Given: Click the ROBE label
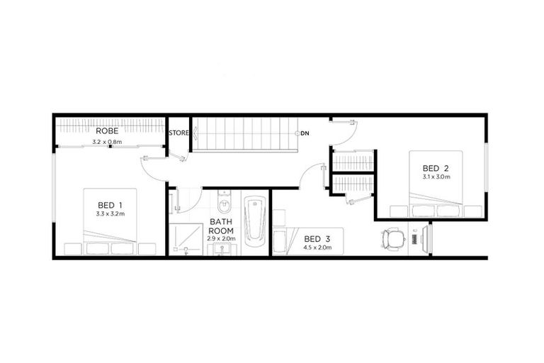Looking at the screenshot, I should pyautogui.click(x=108, y=131).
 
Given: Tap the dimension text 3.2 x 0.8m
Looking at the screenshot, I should pyautogui.click(x=108, y=142).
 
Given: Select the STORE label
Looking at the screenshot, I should pyautogui.click(x=178, y=132).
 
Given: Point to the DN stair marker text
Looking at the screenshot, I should pyautogui.click(x=305, y=133).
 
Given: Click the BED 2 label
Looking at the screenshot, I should pyautogui.click(x=437, y=167).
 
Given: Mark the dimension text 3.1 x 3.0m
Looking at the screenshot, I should pyautogui.click(x=437, y=177).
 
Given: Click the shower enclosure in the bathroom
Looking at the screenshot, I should pyautogui.click(x=183, y=240).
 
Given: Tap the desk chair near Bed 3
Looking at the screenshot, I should pyautogui.click(x=392, y=238).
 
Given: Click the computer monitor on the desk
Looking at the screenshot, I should pyautogui.click(x=427, y=238).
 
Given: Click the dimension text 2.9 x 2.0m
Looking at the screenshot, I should pyautogui.click(x=220, y=239).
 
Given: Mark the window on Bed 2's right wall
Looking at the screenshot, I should pyautogui.click(x=487, y=167).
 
